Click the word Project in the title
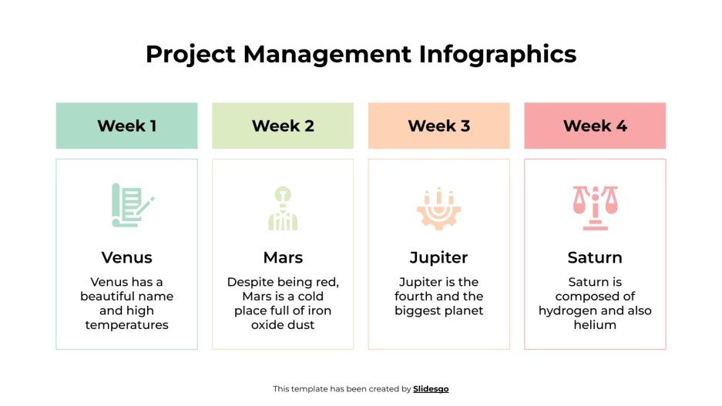click(x=190, y=54)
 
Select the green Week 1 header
click(x=126, y=126)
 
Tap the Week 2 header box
click(x=283, y=126)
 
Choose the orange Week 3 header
click(x=438, y=126)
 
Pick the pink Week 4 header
click(x=595, y=126)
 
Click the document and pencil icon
click(x=131, y=205)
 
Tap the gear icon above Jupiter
click(x=438, y=207)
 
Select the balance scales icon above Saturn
click(x=595, y=207)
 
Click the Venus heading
click(x=126, y=257)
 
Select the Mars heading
click(x=283, y=257)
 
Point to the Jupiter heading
click(x=438, y=257)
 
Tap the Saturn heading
click(x=595, y=257)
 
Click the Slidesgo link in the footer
click(x=431, y=389)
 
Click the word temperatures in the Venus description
click(x=126, y=325)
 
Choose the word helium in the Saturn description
click(x=595, y=325)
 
